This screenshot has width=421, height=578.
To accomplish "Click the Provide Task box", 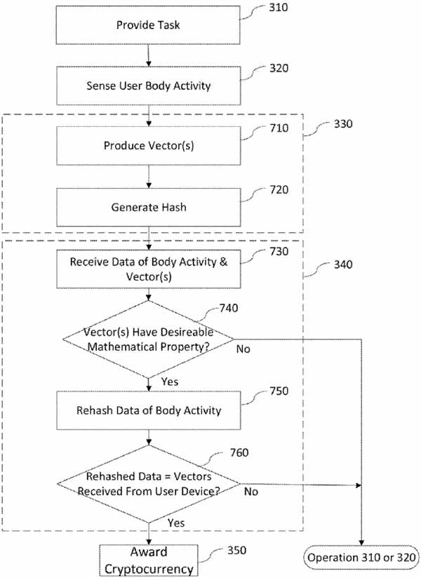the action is [x=148, y=25].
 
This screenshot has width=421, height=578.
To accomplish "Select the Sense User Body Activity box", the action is [x=148, y=86].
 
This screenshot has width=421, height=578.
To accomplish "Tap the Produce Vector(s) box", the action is [x=148, y=146].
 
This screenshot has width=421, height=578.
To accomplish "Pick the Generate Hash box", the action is [x=148, y=207].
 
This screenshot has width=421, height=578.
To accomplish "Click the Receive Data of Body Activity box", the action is [x=148, y=269].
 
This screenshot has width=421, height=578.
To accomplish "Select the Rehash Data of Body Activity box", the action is [x=148, y=410].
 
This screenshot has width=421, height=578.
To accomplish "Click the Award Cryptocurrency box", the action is [x=149, y=560].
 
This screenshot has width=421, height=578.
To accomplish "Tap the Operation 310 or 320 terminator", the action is [x=361, y=558].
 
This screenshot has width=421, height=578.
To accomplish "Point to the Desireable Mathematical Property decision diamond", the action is [x=148, y=339].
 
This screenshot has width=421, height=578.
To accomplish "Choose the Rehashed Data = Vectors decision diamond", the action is [x=148, y=483].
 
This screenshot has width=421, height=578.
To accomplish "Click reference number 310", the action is [x=279, y=8].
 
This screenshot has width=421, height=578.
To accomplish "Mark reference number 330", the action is [x=343, y=124].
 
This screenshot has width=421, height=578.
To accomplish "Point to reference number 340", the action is [x=343, y=264].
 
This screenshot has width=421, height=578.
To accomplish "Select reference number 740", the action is [x=229, y=308].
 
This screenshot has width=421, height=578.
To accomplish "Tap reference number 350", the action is [x=236, y=551].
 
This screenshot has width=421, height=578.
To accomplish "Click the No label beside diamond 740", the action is [x=243, y=349].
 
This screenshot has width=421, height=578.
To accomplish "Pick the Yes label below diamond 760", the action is [x=176, y=523].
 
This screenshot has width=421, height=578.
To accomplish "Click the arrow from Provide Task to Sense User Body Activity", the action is [x=148, y=55].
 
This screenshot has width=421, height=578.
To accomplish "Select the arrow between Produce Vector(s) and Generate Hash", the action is [x=148, y=177].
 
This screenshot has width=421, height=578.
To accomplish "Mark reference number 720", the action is [x=279, y=190].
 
